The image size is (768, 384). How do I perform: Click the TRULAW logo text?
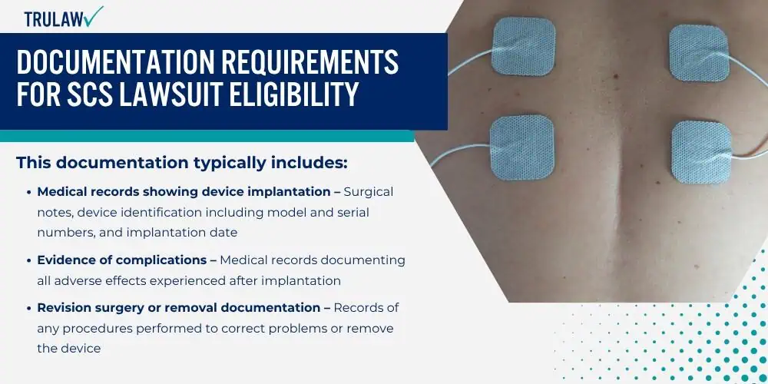(53, 18)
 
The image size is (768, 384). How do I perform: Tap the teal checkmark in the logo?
(93, 15)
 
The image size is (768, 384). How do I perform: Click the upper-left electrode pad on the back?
(524, 46)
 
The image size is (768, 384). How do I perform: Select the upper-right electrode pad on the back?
(700, 52)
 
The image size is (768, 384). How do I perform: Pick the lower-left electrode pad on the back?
(522, 147)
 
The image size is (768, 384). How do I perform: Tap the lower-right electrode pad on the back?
(701, 152)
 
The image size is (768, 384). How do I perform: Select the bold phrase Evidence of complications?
(122, 260)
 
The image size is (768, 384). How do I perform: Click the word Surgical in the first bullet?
(369, 192)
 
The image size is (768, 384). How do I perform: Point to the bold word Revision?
(64, 308)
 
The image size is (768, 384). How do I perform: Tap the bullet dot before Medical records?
(29, 192)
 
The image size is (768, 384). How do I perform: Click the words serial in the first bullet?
(352, 213)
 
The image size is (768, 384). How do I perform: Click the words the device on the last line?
(69, 348)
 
